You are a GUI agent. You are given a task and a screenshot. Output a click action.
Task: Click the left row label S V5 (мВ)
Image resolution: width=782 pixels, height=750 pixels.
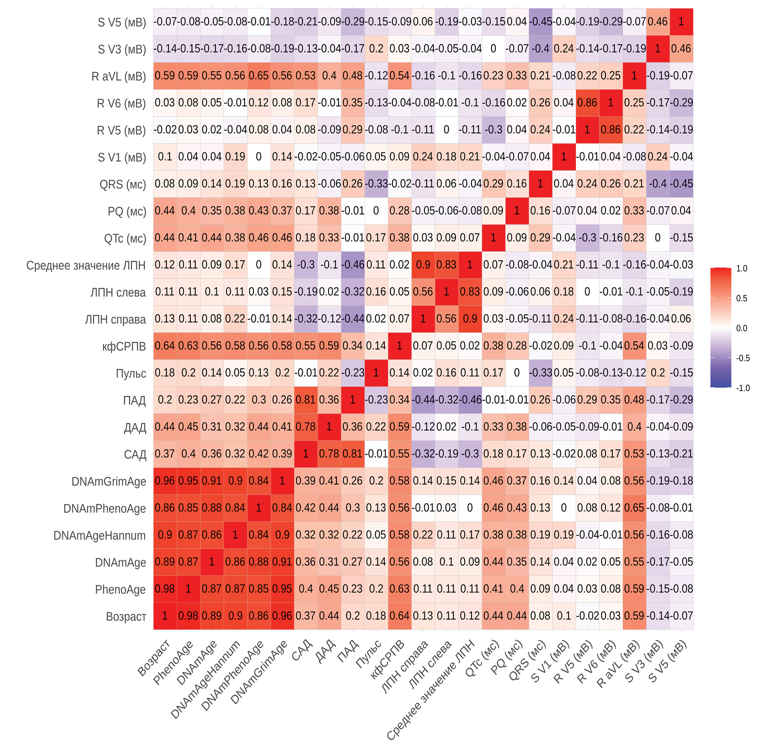pyautogui.click(x=121, y=22)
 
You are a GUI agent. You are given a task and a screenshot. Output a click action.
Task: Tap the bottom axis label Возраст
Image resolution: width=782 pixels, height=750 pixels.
pyautogui.click(x=154, y=658)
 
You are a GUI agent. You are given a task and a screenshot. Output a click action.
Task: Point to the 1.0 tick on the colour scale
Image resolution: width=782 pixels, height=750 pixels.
pyautogui.click(x=742, y=268)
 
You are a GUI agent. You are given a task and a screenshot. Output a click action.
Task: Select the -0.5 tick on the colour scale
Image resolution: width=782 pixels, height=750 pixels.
pyautogui.click(x=743, y=358)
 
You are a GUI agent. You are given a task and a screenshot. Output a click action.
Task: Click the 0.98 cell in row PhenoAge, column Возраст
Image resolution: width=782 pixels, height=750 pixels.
pyautogui.click(x=165, y=589)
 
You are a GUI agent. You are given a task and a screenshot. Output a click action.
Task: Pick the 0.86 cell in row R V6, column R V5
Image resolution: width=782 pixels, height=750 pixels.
pyautogui.click(x=587, y=103)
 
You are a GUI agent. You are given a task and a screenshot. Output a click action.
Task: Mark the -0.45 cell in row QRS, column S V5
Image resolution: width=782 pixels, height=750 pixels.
pyautogui.click(x=681, y=184)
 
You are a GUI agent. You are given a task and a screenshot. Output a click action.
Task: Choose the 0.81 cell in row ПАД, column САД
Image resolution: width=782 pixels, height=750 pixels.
pyautogui.click(x=306, y=400)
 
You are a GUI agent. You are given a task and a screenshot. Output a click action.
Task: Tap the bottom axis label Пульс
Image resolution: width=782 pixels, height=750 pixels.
pyautogui.click(x=368, y=654)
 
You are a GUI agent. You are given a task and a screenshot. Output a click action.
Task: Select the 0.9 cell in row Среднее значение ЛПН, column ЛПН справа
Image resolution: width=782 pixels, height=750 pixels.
pyautogui.click(x=423, y=265)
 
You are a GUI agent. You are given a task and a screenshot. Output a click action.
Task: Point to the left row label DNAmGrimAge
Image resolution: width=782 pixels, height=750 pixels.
pyautogui.click(x=108, y=482)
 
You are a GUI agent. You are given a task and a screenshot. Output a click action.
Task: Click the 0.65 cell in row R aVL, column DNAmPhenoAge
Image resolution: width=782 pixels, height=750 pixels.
pyautogui.click(x=259, y=76)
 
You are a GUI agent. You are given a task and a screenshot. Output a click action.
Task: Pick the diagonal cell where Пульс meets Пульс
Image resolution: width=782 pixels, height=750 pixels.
pyautogui.click(x=376, y=373)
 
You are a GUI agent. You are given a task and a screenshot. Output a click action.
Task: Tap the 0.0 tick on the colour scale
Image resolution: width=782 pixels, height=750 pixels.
pyautogui.click(x=741, y=328)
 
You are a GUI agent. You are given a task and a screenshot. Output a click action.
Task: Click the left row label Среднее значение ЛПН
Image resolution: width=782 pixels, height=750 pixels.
pyautogui.click(x=86, y=266)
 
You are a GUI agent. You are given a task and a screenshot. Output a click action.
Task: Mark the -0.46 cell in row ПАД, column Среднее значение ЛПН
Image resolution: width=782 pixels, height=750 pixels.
pyautogui.click(x=470, y=400)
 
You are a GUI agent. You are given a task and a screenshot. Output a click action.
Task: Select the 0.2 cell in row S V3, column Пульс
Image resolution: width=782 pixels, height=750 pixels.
pyautogui.click(x=376, y=49)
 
